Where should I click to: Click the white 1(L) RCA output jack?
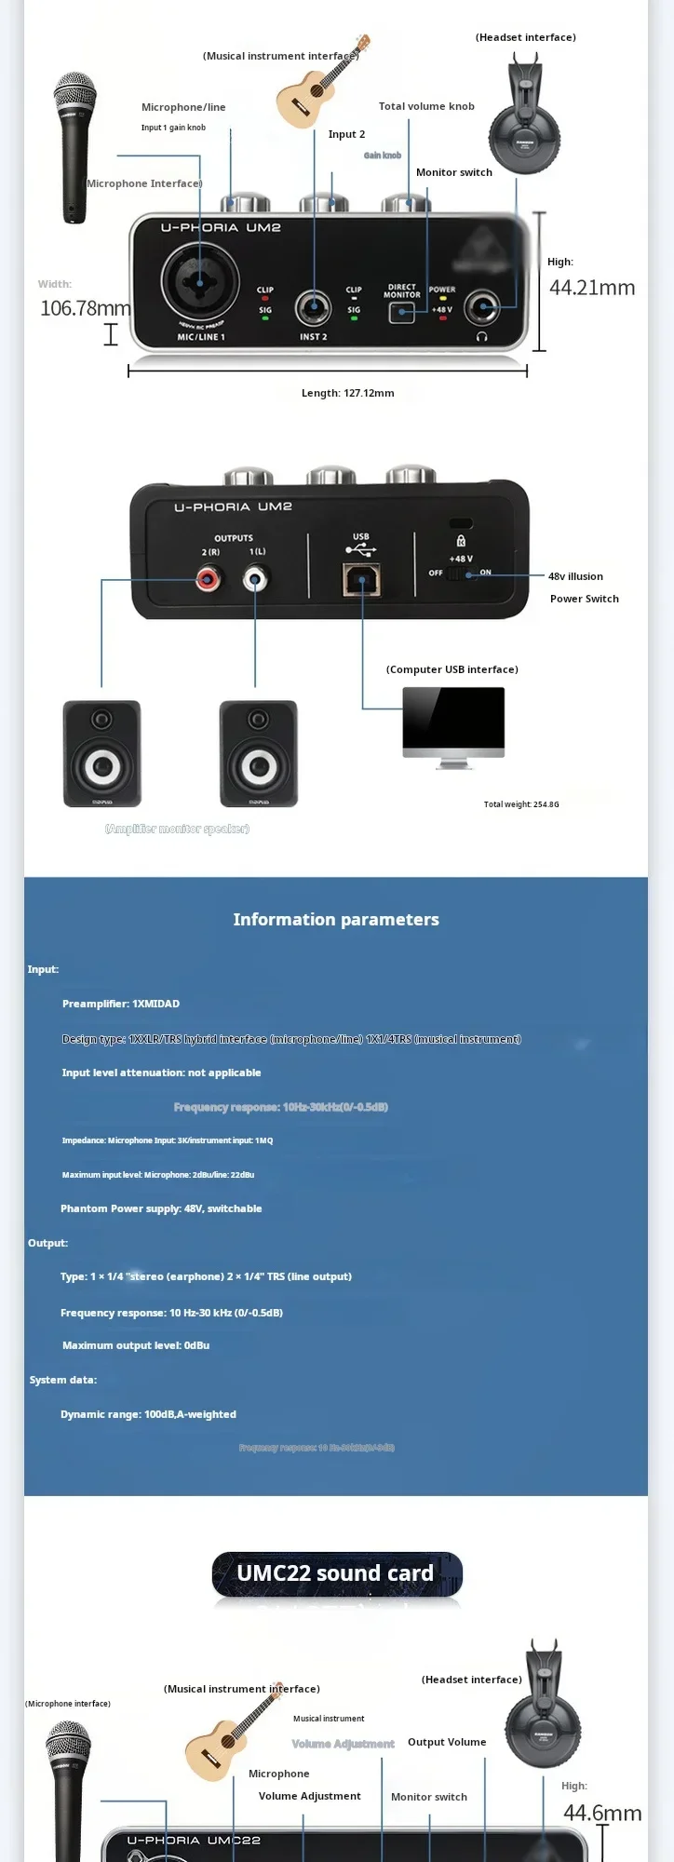pyautogui.click(x=255, y=580)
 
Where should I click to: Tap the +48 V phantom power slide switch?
pyautogui.click(x=454, y=573)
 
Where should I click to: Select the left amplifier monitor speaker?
pyautogui.click(x=102, y=754)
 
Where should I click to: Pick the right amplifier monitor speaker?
pyautogui.click(x=259, y=754)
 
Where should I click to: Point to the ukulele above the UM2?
pyautogui.click(x=319, y=84)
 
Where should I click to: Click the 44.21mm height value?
pyautogui.click(x=592, y=288)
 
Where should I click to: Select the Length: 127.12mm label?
pyautogui.click(x=347, y=393)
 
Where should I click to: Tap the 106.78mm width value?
pyautogui.click(x=85, y=308)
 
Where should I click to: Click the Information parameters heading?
pyautogui.click(x=336, y=919)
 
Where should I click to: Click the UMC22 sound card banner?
pyautogui.click(x=336, y=1573)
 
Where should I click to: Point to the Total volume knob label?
pyautogui.click(x=426, y=106)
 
